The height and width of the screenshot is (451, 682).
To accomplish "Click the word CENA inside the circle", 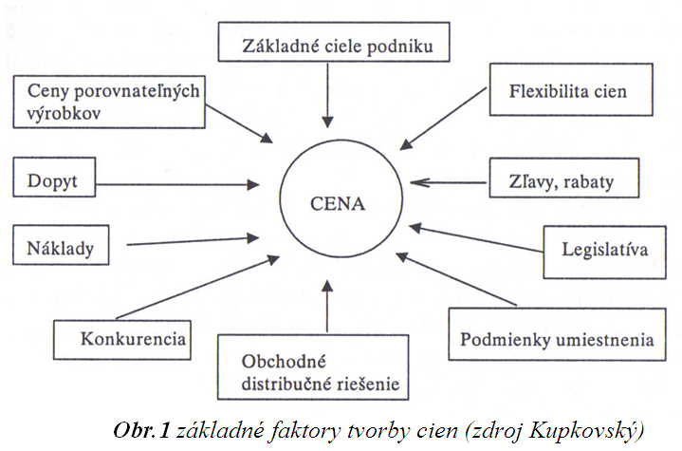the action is (338, 204).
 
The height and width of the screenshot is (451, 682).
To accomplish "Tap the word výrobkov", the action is (64, 114).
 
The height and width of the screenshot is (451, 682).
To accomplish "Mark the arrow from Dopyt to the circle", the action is (177, 184).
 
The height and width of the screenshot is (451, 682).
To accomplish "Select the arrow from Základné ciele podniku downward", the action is (327, 95).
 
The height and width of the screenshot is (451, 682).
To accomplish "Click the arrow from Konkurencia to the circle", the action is (198, 288).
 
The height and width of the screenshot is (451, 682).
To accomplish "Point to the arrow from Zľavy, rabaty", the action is (449, 182).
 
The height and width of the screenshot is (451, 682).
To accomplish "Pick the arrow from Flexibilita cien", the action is (443, 119).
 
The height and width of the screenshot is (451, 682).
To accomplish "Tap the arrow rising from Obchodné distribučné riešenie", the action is (327, 306).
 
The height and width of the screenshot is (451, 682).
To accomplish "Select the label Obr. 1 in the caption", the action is (141, 430).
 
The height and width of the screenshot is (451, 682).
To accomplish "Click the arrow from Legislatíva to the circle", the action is (476, 238).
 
